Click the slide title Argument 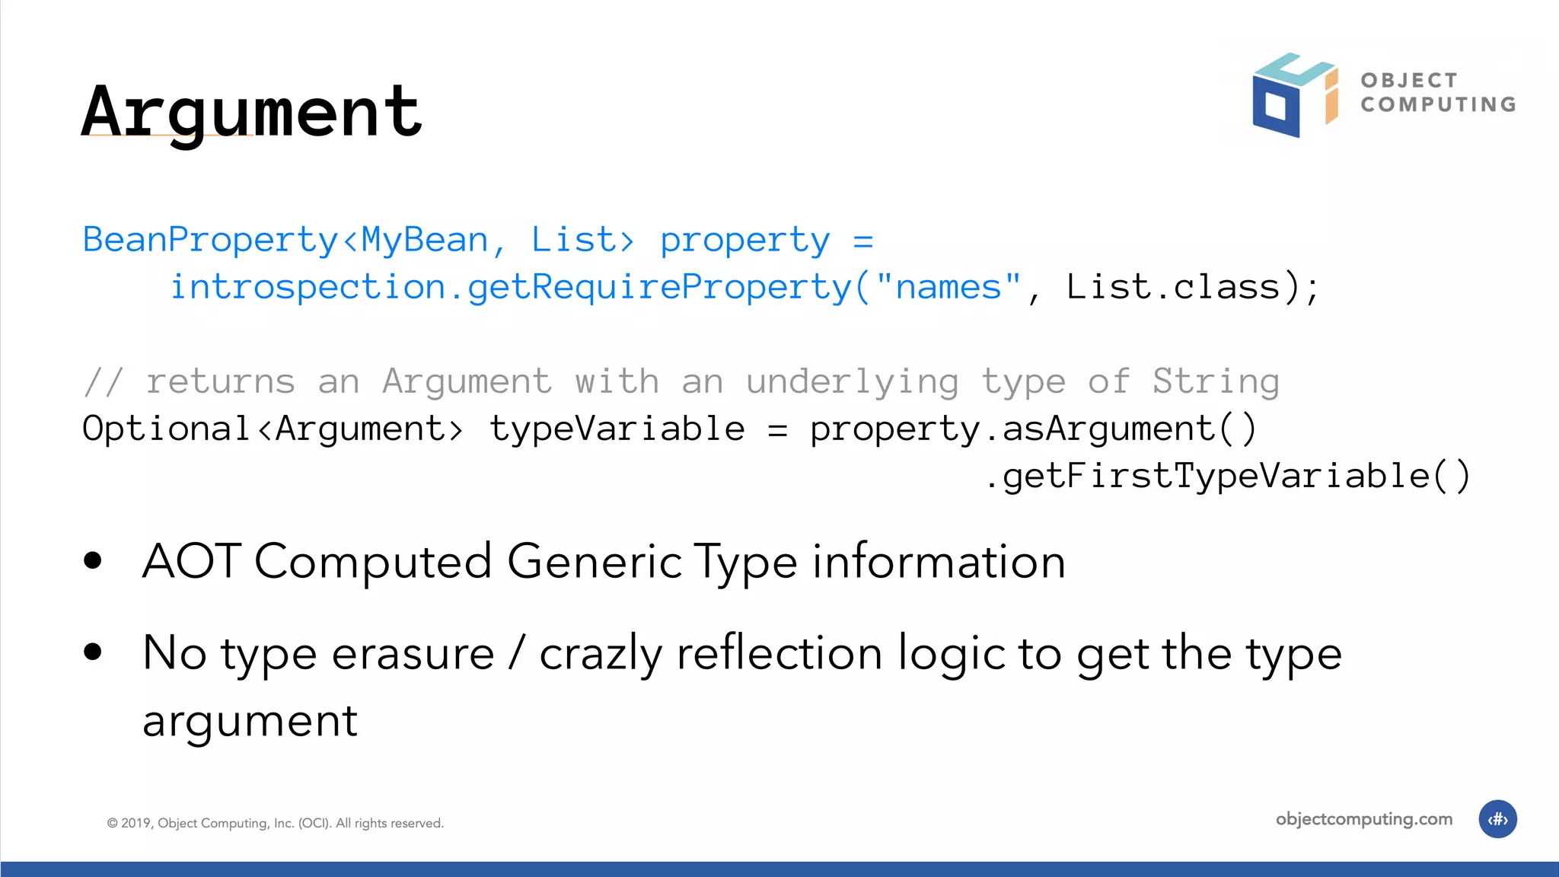(251, 112)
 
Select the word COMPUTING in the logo (1438, 104)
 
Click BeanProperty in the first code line (210, 240)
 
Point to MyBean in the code (424, 240)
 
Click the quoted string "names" (948, 287)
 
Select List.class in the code (1173, 287)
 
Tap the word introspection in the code (308, 287)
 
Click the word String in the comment (1215, 381)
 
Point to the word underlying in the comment (852, 381)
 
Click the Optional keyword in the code (166, 429)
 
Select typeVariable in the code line (617, 429)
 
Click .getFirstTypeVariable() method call (1227, 477)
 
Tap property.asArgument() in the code (1033, 429)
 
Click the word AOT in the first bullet (192, 562)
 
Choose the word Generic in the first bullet (595, 562)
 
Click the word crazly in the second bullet (601, 654)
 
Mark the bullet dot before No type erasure (93, 652)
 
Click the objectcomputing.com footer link (1363, 819)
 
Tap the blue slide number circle (1497, 819)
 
